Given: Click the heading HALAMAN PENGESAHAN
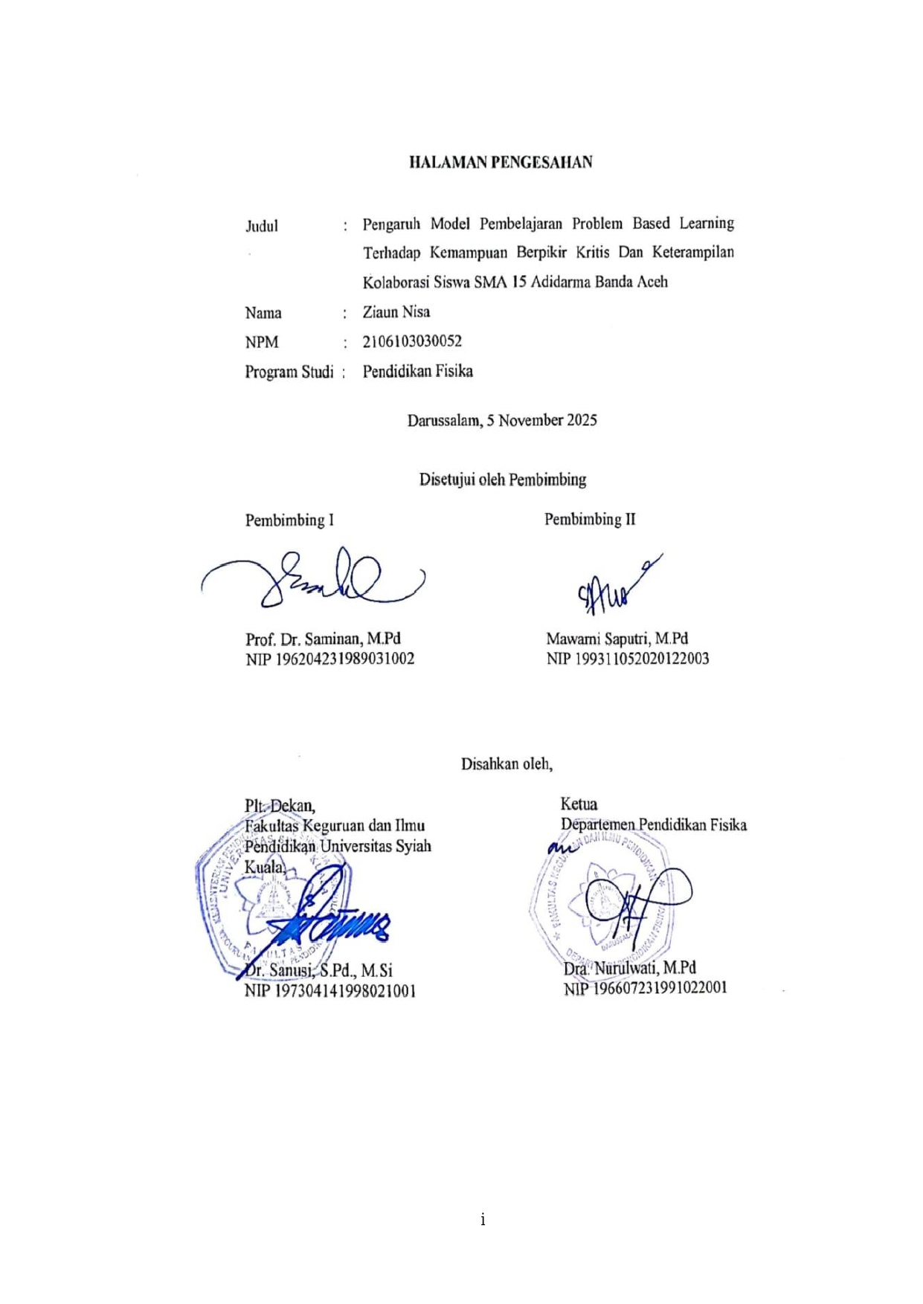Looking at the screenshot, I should click(x=501, y=162).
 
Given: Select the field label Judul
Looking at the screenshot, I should click(x=262, y=226).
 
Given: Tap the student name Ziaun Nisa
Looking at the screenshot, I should click(x=396, y=312).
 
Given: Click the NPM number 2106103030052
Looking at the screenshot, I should click(x=412, y=342).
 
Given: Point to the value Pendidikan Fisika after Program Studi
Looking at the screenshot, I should click(x=417, y=372).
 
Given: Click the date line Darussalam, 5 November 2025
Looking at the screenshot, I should click(x=502, y=421).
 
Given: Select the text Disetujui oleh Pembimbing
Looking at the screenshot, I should click(x=503, y=480).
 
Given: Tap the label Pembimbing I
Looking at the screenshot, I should click(x=289, y=520).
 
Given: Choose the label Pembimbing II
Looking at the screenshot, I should click(x=590, y=520).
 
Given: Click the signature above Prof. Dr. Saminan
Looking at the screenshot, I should click(x=320, y=580).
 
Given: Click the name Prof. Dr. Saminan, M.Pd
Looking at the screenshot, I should click(x=323, y=639).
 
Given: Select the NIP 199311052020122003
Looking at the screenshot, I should click(x=627, y=659).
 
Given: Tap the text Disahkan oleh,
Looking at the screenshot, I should click(x=506, y=764).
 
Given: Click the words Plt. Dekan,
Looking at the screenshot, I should click(x=280, y=806).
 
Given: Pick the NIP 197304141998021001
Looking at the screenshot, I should click(x=329, y=991).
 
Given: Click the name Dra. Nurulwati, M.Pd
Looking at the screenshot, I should click(x=629, y=968).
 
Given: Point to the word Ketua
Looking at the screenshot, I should click(x=579, y=804).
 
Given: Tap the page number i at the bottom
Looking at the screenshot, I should click(x=483, y=1219).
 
